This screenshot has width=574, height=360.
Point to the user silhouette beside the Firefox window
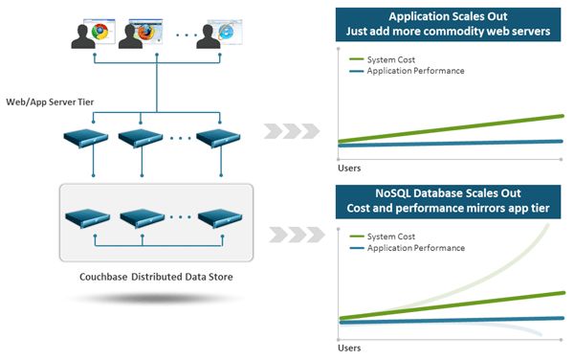point(129,36)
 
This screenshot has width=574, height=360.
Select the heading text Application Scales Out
point(448,16)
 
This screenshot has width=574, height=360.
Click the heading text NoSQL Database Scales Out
point(448,195)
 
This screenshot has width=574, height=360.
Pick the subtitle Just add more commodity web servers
point(448,32)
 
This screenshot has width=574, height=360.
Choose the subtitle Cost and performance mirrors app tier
point(448,211)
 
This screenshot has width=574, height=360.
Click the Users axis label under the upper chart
point(349,168)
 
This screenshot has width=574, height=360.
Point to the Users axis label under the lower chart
point(349,348)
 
